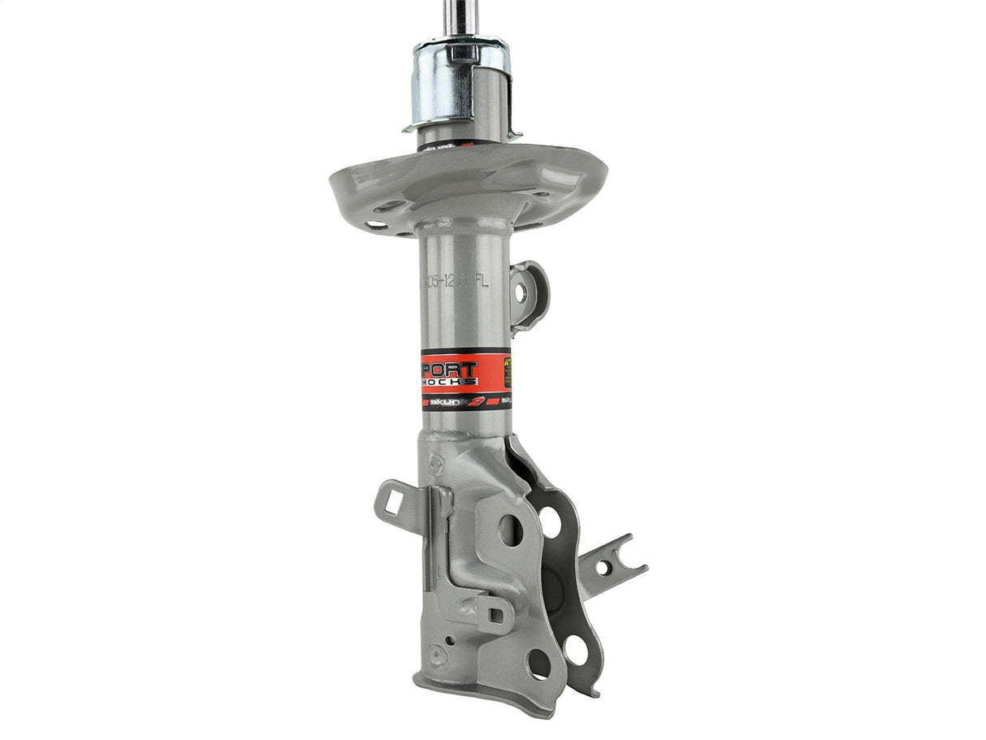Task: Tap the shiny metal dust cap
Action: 460,81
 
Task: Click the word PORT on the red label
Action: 451,370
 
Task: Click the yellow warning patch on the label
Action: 506,372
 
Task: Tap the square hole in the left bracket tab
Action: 393,496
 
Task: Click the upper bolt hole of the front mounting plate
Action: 510,530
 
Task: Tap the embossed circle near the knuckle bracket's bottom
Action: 439,655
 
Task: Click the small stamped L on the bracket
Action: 439,572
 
